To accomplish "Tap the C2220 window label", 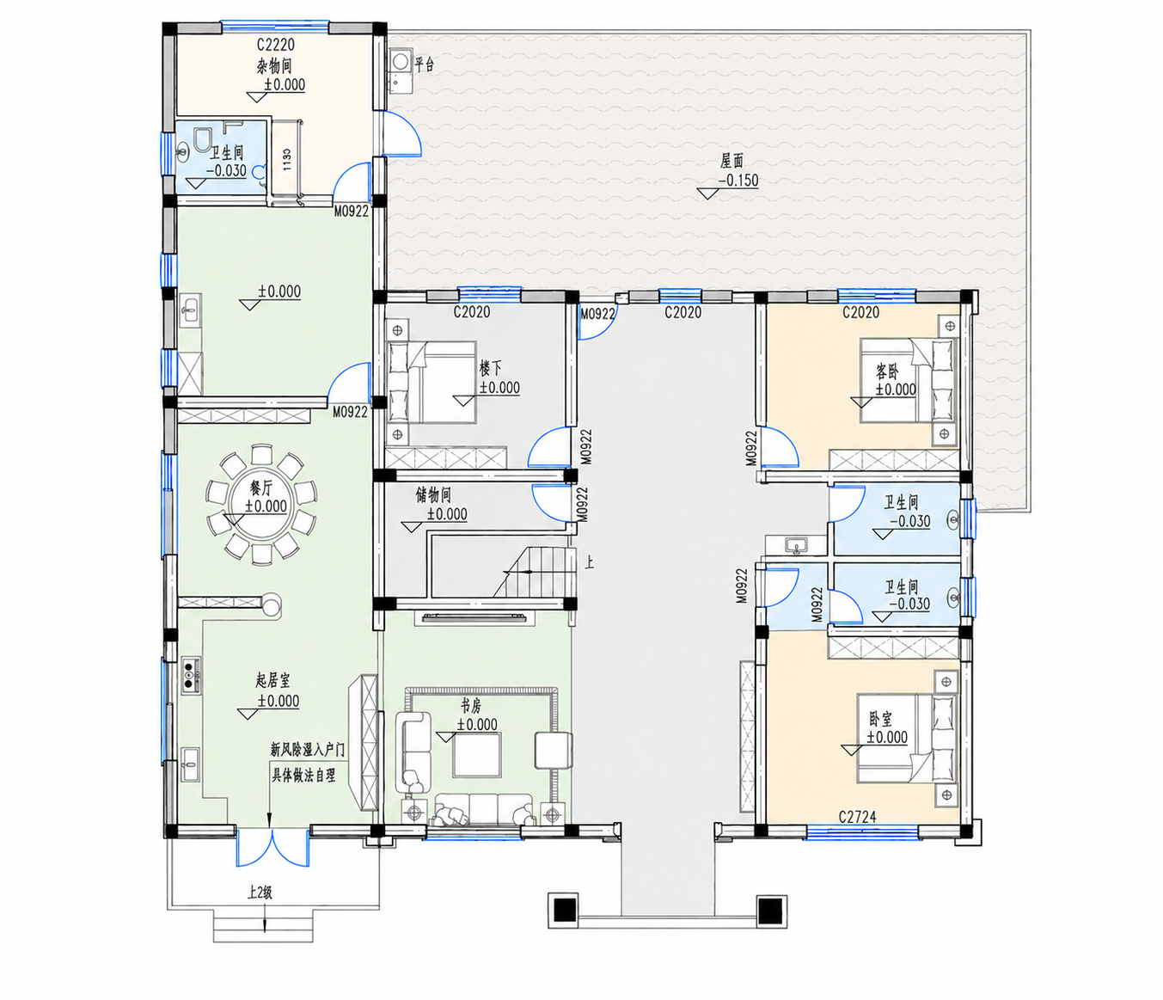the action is tap(276, 44).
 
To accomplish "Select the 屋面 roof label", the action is tap(731, 162).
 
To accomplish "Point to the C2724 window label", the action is tap(857, 816).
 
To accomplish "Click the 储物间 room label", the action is tap(433, 495).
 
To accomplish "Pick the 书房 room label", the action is tap(471, 706).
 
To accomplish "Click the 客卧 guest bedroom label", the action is tap(887, 371).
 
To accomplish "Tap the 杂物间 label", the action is tap(274, 66).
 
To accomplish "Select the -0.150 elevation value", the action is tap(738, 181).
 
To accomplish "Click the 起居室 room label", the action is tap(272, 682).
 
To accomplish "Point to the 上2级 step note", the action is tap(260, 893).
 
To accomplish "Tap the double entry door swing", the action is tap(272, 848).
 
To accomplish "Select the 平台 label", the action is tap(425, 64).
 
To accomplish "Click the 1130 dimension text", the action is tap(287, 160).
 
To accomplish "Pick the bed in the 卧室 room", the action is tap(907, 739).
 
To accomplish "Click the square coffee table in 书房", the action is tap(477, 755).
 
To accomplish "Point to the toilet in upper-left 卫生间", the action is tap(201, 140).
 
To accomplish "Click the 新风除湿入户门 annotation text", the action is tap(307, 750).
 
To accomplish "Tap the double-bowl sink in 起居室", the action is tap(190, 675).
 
